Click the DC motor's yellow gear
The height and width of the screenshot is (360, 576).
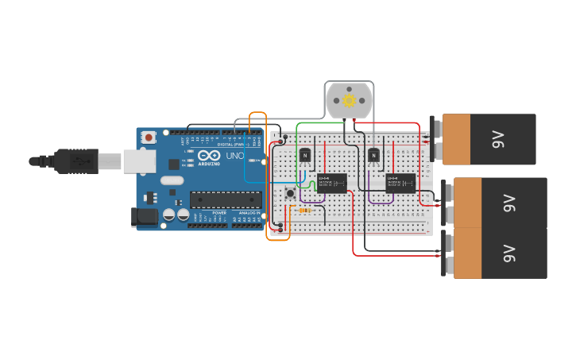350,101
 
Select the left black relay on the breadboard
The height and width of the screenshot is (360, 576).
331,183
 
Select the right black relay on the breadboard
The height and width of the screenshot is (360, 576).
400,183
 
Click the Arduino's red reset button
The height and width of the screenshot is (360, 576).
149,137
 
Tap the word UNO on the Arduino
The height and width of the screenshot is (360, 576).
235,156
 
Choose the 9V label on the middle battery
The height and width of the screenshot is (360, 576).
509,203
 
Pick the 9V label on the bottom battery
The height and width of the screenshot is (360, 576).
509,254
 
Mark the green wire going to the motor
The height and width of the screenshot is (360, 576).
318,123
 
